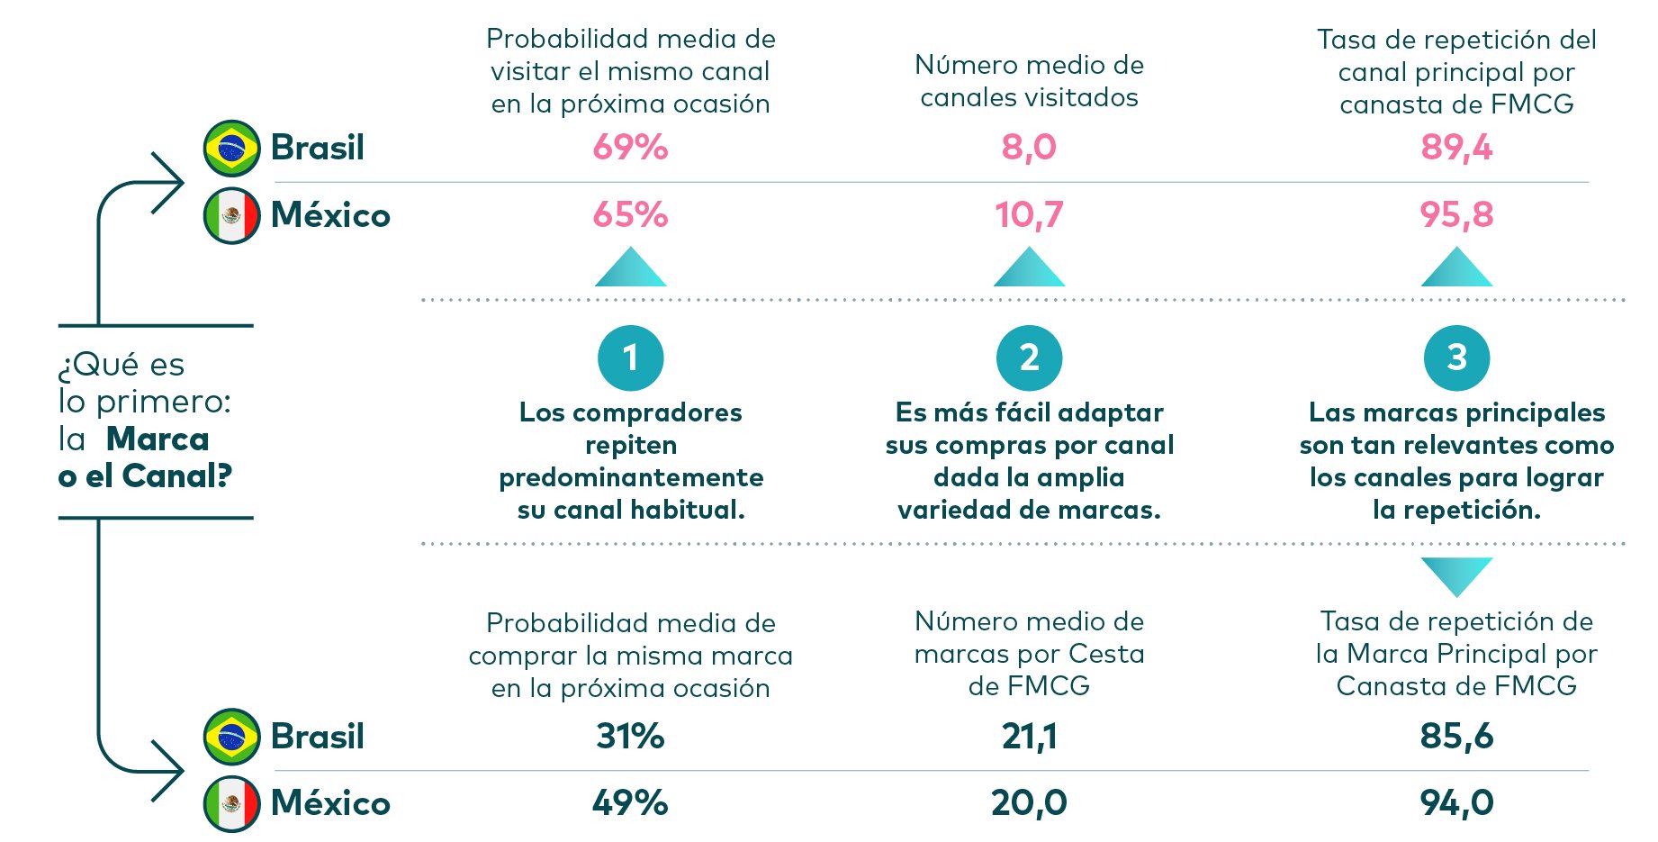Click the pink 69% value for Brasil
tap(630, 147)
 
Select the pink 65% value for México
tap(630, 214)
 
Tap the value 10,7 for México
tap(1029, 214)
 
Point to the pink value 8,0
tap(1029, 147)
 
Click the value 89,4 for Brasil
tap(1456, 147)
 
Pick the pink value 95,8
tap(1456, 214)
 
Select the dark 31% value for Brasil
tap(630, 736)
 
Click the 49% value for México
tap(630, 802)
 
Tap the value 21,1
tap(1029, 736)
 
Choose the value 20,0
tap(1029, 802)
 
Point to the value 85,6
tap(1456, 736)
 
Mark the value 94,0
tap(1456, 802)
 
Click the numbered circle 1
tap(630, 358)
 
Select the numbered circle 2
tap(1029, 358)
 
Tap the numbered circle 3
tap(1456, 358)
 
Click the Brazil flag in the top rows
tap(232, 148)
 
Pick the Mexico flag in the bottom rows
tap(232, 803)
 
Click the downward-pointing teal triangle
tap(1456, 574)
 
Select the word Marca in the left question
tap(158, 439)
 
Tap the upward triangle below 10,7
tap(1029, 269)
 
